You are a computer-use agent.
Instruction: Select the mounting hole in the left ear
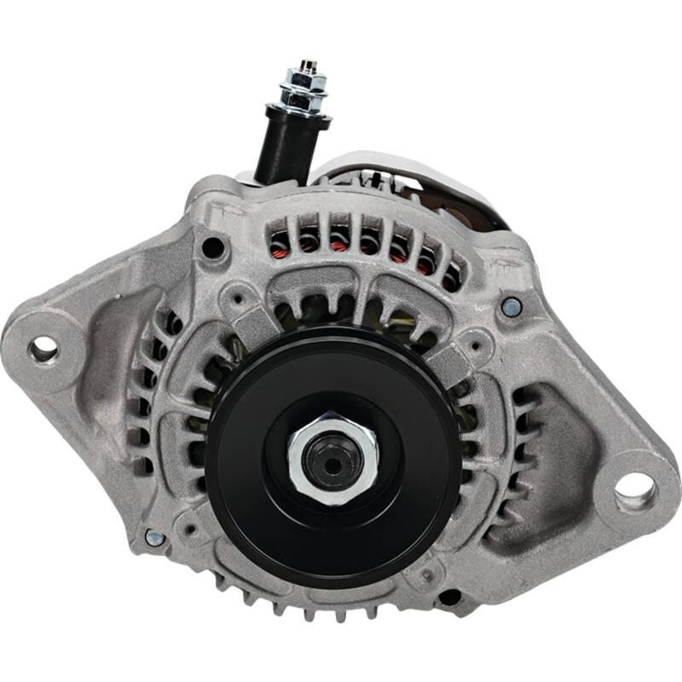pyautogui.click(x=43, y=347)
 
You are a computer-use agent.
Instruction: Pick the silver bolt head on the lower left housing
pyautogui.click(x=154, y=537)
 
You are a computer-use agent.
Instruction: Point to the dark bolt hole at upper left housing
pyautogui.click(x=213, y=249)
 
